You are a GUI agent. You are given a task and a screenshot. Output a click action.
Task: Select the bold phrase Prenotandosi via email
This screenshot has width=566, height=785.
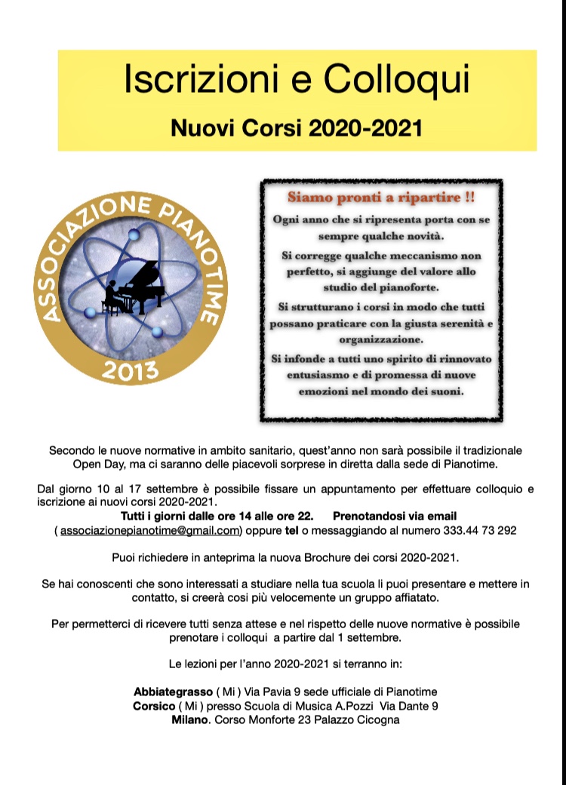point(395,516)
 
